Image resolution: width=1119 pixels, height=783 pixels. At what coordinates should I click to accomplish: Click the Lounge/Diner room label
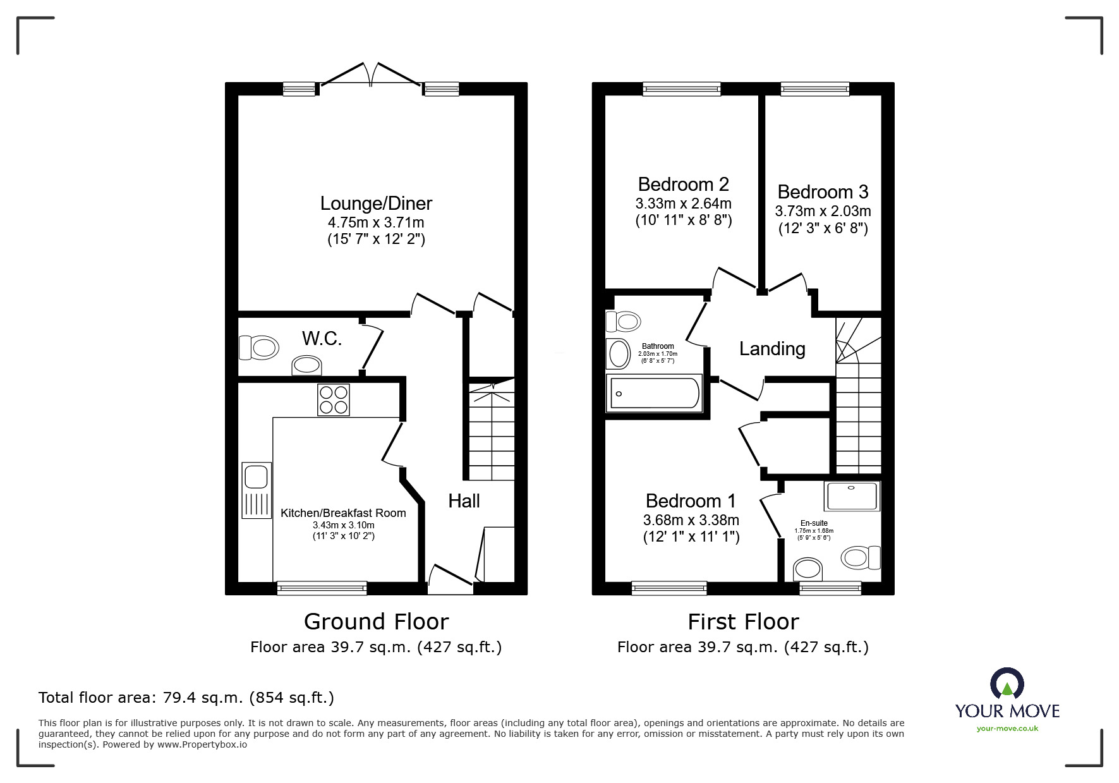376,203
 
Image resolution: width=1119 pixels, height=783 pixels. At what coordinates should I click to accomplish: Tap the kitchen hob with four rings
334,399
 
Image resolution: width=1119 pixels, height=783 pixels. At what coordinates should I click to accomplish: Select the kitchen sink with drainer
256,490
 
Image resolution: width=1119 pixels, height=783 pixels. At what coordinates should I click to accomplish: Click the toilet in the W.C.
259,348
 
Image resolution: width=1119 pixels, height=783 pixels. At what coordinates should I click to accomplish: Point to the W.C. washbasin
307,366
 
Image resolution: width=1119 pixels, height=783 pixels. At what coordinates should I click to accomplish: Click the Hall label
464,501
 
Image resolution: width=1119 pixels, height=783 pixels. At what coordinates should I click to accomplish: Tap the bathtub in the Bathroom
654,393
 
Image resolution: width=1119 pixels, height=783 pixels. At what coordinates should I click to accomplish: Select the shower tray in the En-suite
852,496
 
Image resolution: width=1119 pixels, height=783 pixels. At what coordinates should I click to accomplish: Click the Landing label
772,349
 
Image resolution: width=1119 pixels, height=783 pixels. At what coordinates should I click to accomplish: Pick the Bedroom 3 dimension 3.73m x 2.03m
823,211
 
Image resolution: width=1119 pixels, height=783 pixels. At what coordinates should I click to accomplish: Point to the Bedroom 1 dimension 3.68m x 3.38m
691,520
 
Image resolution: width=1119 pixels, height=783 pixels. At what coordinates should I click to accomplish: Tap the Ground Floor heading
376,622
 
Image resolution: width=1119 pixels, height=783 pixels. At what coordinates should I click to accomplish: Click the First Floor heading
743,622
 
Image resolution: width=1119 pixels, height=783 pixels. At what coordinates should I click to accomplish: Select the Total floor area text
186,698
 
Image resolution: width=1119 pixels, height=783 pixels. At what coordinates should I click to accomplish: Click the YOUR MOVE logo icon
1007,684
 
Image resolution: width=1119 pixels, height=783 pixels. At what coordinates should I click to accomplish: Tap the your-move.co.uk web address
1007,729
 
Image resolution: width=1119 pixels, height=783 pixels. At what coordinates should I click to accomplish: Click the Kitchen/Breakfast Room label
343,513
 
